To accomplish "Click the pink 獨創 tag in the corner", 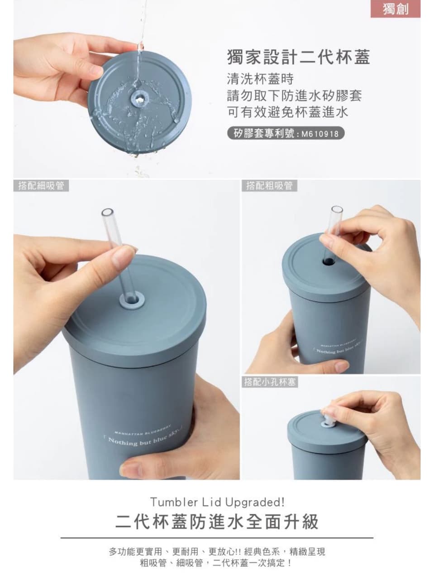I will tap(396, 9).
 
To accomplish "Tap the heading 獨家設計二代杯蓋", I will tap(298, 58).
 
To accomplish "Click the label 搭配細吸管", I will tap(41, 186).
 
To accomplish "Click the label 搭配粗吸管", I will tap(269, 186).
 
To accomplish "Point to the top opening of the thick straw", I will tap(337, 211).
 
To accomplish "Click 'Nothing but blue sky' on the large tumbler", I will tap(141, 439).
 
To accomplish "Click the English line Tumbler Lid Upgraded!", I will tap(217, 502).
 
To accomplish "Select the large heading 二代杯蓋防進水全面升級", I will tap(217, 522).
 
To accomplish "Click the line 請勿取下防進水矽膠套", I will tap(294, 96).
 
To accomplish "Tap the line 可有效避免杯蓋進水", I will tap(287, 112).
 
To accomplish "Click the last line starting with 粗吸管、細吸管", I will tap(217, 564).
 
